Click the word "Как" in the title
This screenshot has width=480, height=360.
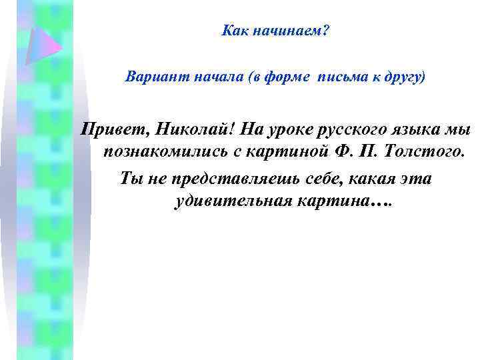coord(234,32)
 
